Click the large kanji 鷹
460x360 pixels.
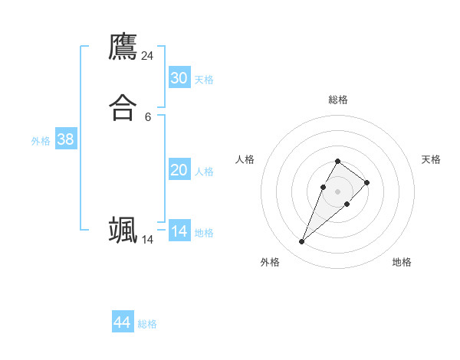tap(123, 47)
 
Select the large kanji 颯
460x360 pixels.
tap(123, 230)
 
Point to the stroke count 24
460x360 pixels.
tap(148, 56)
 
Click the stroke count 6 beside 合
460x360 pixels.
tap(148, 117)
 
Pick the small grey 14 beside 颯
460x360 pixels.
tap(148, 240)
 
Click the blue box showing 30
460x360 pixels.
tap(179, 78)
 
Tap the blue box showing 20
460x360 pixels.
tap(179, 170)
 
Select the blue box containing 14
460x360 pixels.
tap(179, 231)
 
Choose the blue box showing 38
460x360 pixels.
tap(65, 139)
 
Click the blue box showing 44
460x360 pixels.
tap(123, 322)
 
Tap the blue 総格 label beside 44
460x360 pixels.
tap(147, 324)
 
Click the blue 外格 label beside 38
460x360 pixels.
tap(41, 141)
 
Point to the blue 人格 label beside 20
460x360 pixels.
tap(205, 172)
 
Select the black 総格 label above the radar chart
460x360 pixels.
tap(337, 100)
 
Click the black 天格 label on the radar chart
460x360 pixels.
tap(431, 159)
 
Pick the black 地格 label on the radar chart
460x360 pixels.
tap(402, 262)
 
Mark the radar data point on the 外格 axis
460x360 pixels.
tap(302, 242)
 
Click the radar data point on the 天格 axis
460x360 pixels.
tap(367, 182)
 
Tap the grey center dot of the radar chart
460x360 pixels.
tap(337, 191)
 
